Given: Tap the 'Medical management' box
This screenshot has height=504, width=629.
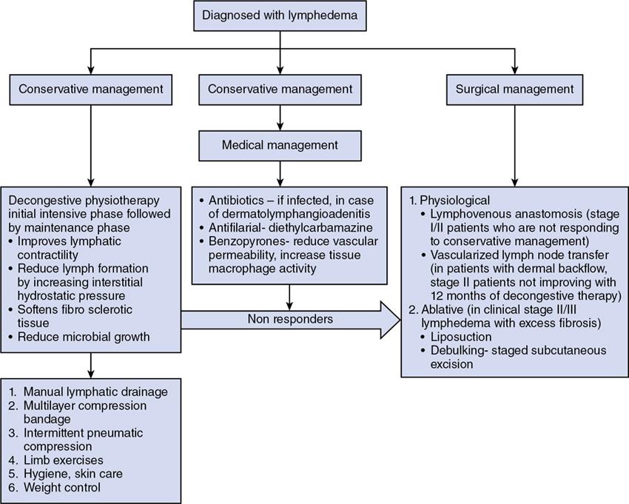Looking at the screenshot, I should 280,144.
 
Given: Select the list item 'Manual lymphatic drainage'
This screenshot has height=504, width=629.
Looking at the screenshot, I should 95,391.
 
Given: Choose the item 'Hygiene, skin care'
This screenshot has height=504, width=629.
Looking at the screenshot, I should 78,474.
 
